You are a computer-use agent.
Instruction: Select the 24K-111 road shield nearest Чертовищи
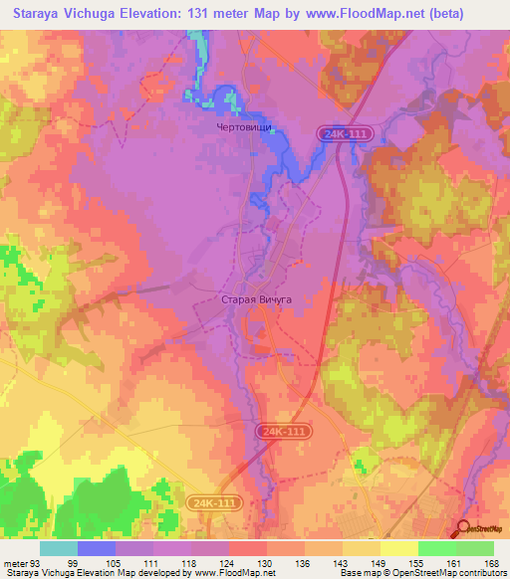click(345, 132)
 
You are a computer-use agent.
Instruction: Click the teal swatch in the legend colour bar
click(59, 548)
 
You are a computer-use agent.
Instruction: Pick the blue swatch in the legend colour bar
click(97, 548)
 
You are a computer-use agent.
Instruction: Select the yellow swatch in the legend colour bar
click(399, 548)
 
